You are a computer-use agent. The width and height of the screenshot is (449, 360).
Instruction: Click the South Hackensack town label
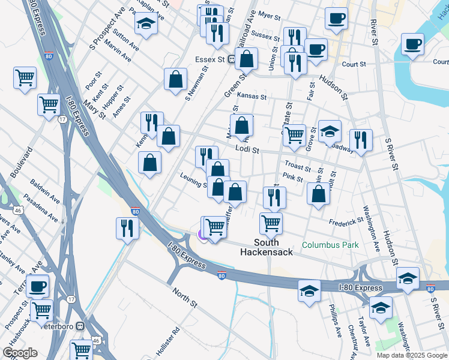[x=267, y=247]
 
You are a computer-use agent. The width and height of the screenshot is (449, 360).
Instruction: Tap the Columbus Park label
[x=330, y=245]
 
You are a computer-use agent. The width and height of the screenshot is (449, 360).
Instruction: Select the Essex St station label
[x=209, y=60]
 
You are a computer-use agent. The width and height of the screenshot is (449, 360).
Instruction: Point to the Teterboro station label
[x=61, y=326]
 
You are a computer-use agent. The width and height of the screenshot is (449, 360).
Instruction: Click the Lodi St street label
[x=247, y=149]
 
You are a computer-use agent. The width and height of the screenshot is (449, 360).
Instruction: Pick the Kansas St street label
[x=251, y=96]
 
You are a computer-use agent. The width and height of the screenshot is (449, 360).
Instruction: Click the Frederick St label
[x=346, y=223]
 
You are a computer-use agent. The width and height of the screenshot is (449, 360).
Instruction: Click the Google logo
[x=20, y=353]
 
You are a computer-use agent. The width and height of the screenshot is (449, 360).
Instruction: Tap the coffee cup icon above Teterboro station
[x=37, y=286]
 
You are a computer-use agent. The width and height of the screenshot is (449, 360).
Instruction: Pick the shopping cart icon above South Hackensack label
[x=271, y=223]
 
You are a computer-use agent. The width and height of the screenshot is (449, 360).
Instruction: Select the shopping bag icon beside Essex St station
[x=246, y=59]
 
